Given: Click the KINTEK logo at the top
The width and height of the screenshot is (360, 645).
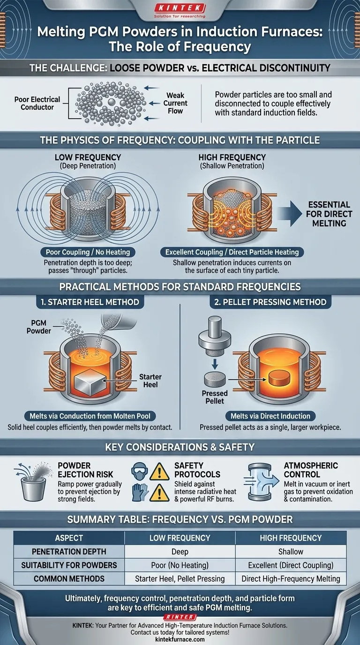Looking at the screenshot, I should click(x=180, y=8).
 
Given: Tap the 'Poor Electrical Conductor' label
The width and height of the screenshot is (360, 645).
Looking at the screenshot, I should click(x=37, y=103).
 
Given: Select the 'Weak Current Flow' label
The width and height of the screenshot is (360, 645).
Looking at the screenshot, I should click(x=176, y=103).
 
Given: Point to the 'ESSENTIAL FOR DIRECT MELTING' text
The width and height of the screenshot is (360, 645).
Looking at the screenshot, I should click(x=330, y=214).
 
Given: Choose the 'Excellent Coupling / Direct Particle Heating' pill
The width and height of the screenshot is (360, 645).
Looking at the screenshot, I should click(x=232, y=252).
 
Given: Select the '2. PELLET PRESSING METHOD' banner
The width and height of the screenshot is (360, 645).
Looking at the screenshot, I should click(x=270, y=301).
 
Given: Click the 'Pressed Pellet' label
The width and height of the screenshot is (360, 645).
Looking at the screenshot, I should click(x=215, y=397).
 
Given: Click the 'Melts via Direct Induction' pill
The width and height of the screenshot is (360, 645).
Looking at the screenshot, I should click(x=270, y=416).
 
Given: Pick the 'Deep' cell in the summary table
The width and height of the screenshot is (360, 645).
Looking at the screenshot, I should click(x=180, y=552).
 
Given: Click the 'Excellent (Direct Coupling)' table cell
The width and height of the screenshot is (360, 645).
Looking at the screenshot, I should click(x=291, y=565).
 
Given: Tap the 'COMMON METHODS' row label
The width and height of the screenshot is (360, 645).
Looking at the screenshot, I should click(x=69, y=579).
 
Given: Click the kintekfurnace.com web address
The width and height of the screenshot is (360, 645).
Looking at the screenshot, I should click(x=180, y=639).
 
